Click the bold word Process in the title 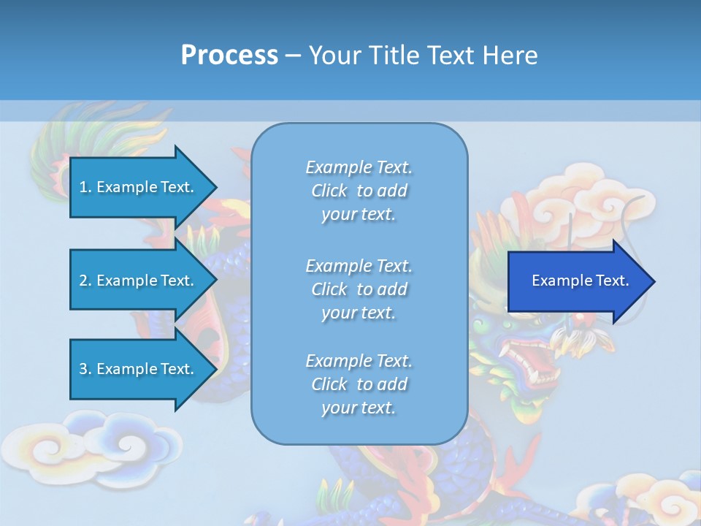click(x=229, y=56)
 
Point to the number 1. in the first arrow click(x=85, y=187)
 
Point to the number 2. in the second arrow click(x=85, y=281)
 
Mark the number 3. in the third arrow click(x=85, y=369)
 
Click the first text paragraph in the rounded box click(x=359, y=191)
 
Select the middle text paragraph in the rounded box click(x=359, y=289)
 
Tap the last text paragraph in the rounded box click(x=359, y=384)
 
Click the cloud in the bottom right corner click(x=657, y=497)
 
